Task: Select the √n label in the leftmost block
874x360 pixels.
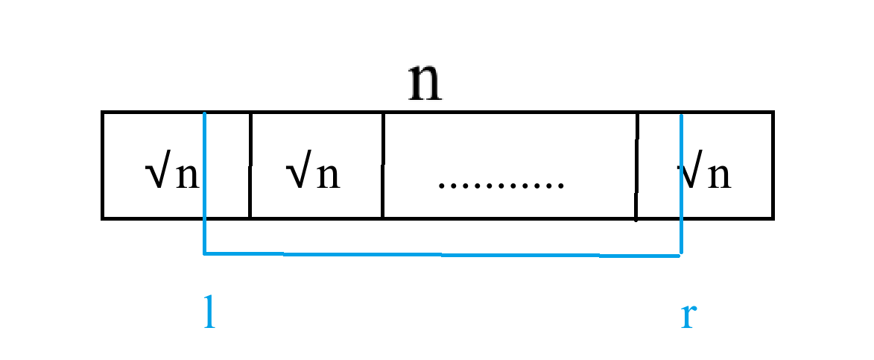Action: (172, 175)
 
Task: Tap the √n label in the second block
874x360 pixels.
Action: (313, 175)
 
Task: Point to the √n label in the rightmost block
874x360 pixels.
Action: (705, 175)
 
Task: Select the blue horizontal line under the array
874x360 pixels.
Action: (442, 255)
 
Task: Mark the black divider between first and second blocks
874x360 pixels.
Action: (250, 165)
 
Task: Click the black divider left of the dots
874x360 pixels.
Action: (383, 165)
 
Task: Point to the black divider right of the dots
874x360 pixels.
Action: (637, 165)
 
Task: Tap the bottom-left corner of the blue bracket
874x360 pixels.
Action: (204, 253)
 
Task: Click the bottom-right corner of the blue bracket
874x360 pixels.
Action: (680, 256)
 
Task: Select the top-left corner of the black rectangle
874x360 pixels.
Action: (103, 113)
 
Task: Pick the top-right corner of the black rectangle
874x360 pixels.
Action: (773, 113)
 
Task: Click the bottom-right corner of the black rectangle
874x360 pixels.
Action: (773, 218)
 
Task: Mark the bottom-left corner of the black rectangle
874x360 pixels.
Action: (103, 218)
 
